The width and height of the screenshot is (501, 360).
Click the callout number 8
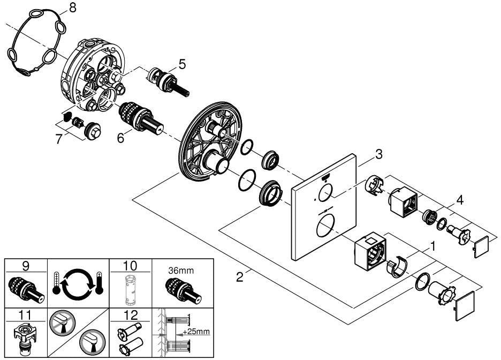coord(73,7)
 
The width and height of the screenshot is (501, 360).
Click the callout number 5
coord(182,64)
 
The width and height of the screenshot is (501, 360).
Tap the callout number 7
coord(59,139)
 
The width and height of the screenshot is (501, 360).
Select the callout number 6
coord(120,138)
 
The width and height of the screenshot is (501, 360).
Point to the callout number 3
coord(378,154)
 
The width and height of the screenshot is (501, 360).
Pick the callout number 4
coord(459,200)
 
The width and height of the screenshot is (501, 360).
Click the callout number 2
coord(240,277)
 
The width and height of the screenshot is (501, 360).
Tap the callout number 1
coord(432,246)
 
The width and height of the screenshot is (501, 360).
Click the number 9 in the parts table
coord(26,266)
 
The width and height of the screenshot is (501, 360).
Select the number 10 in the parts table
coord(130,266)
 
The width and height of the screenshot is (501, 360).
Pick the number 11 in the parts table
coord(25,315)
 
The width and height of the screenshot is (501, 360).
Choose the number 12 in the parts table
coord(130,315)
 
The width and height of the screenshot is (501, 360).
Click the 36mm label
coord(181,271)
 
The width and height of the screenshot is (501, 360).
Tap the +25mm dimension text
coord(196,331)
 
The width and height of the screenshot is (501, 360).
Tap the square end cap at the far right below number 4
coord(481,246)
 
